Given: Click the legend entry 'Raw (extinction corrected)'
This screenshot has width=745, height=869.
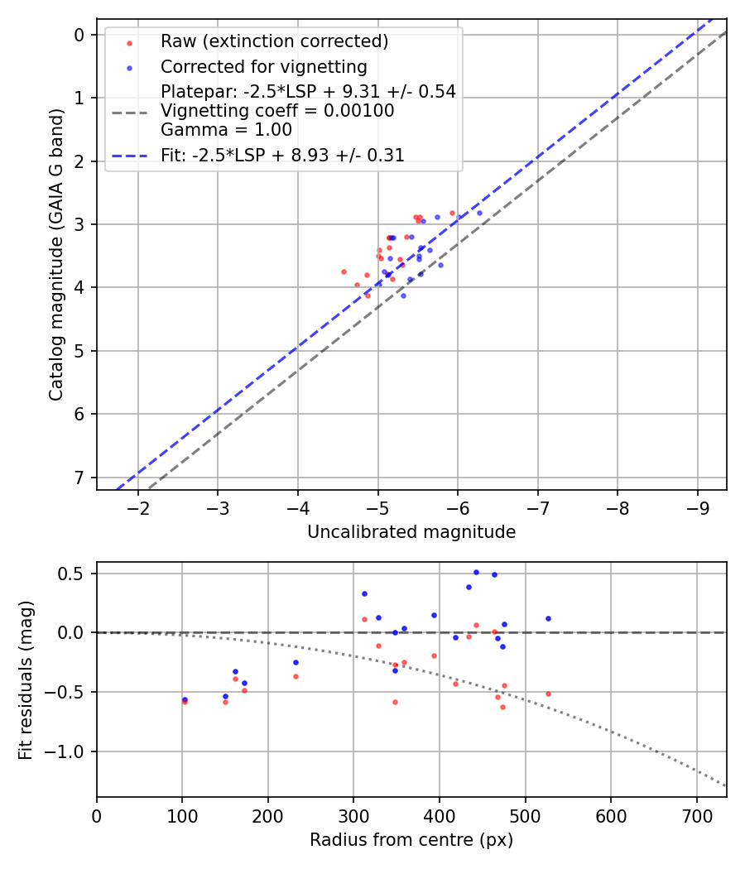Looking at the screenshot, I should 274,41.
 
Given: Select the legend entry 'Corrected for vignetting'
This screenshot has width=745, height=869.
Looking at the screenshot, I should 264,66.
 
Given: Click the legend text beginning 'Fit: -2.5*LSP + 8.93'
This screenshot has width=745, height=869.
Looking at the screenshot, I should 282,156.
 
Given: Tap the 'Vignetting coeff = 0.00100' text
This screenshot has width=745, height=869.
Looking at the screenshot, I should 277,111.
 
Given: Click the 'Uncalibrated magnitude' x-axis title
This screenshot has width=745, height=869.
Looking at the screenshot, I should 411,532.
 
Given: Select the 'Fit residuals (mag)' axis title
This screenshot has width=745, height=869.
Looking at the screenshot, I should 26,679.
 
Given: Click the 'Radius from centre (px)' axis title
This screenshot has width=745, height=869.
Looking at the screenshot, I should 411,840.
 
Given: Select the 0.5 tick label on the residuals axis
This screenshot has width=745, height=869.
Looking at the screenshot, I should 76,574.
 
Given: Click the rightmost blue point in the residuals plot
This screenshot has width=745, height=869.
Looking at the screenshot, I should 548,618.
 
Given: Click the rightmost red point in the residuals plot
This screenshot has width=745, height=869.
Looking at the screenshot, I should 548,694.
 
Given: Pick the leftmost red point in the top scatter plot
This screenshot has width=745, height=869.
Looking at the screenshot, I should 344,271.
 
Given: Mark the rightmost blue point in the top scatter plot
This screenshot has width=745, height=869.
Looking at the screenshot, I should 479,213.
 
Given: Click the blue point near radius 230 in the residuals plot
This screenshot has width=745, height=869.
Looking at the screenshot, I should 296,662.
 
